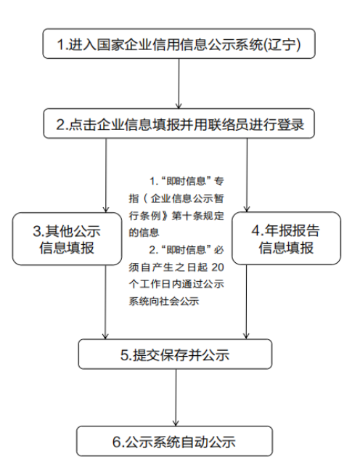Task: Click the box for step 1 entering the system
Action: pyautogui.click(x=179, y=44)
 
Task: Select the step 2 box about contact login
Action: pyautogui.click(x=179, y=123)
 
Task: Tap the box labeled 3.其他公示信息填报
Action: pyautogui.click(x=67, y=239)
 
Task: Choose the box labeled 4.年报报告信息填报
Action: pyautogui.click(x=286, y=238)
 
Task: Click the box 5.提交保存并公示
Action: pyautogui.click(x=175, y=354)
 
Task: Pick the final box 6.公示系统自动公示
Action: pyautogui.click(x=175, y=441)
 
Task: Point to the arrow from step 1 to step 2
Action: pyautogui.click(x=179, y=84)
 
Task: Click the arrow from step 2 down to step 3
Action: pyautogui.click(x=106, y=175)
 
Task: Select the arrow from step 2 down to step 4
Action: pyautogui.click(x=247, y=175)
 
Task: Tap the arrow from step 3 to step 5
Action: pyautogui.click(x=105, y=302)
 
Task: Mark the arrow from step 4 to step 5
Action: pyautogui.click(x=246, y=302)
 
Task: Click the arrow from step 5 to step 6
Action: pyautogui.click(x=176, y=397)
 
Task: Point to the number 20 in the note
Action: pyautogui.click(x=218, y=267)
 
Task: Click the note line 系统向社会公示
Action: pyautogui.click(x=164, y=301)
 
